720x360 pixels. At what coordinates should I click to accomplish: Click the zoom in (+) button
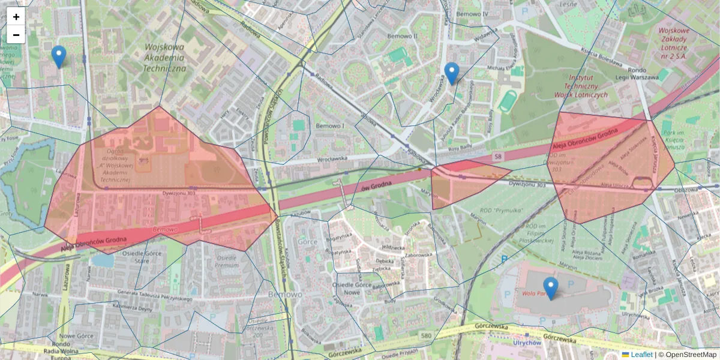point(16,17)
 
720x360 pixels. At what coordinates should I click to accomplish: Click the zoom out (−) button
point(16,35)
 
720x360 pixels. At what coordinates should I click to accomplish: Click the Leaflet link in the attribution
point(641,355)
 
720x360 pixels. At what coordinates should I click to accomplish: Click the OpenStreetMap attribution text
point(690,355)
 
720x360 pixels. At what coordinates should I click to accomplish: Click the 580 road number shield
point(425,335)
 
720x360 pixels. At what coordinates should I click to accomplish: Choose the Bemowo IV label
point(473,13)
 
